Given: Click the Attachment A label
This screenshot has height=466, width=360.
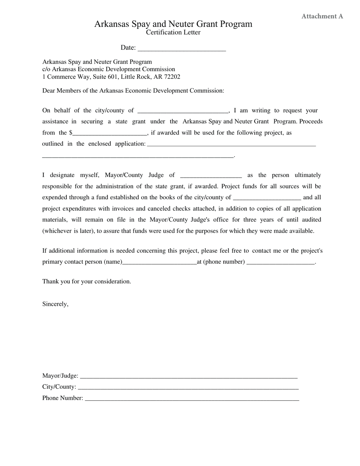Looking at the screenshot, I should [322, 16].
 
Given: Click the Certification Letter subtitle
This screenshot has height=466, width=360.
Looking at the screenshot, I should [173, 33].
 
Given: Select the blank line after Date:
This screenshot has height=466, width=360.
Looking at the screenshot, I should [182, 48].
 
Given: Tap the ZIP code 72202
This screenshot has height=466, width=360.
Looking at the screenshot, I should [172, 77].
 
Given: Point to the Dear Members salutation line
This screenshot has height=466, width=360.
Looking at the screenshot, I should [133, 91].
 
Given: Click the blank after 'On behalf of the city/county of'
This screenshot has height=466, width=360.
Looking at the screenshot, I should [183, 111].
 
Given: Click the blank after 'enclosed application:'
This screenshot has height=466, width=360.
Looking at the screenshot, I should [231, 144].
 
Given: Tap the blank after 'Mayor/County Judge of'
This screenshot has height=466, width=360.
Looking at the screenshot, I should [211, 175].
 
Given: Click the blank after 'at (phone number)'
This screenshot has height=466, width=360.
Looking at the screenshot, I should [280, 262].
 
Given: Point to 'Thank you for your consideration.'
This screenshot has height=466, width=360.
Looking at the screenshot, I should [87, 281].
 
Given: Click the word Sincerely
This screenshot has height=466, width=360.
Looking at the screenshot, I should [55, 304].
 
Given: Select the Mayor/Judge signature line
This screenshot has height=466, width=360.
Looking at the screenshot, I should [188, 376].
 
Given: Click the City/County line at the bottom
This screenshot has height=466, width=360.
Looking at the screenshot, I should [188, 387].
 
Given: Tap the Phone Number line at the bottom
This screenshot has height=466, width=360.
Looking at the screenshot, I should [191, 399].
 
